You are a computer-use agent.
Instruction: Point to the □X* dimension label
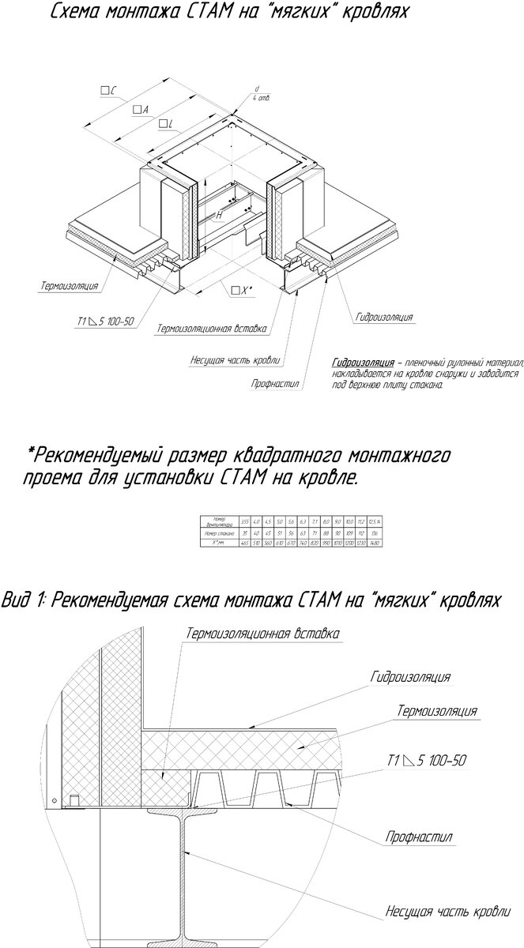pos(242,291)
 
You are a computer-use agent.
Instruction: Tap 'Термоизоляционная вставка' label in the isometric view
pos(212,328)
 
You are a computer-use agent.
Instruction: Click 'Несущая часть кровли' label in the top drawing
pos(236,361)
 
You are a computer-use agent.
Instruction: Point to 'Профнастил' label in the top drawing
pos(276,384)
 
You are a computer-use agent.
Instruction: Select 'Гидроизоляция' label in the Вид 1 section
pos(410,677)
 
